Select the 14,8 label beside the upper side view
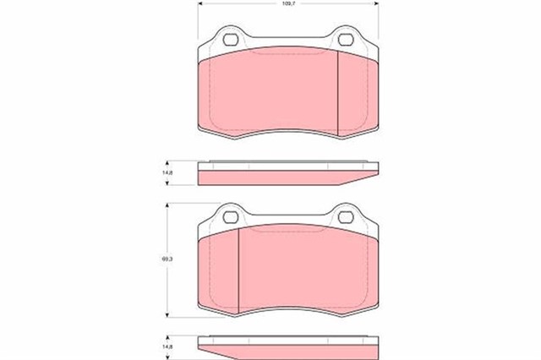coord(167,173)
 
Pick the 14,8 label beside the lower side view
coord(167,346)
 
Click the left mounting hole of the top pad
coord(227,39)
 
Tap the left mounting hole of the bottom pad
coord(227,215)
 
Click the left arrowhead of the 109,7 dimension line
coord(199,5)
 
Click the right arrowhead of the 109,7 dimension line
coord(376,5)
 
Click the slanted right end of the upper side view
coord(363,176)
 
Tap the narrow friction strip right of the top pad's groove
coord(355,93)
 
